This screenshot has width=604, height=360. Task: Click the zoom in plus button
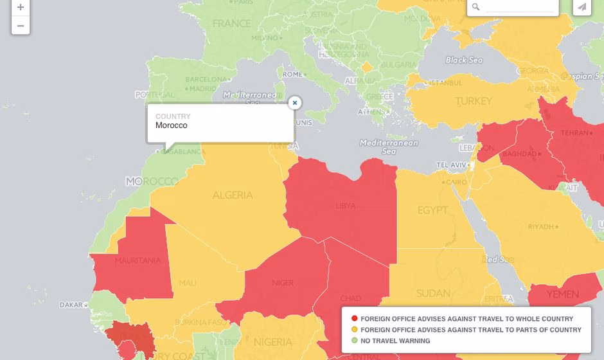pyautogui.click(x=21, y=8)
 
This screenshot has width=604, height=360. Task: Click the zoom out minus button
pyautogui.click(x=21, y=26)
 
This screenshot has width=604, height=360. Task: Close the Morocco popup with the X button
pyautogui.click(x=294, y=103)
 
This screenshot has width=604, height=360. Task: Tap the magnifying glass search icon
pyautogui.click(x=476, y=7)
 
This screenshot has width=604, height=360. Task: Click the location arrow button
pyautogui.click(x=582, y=7)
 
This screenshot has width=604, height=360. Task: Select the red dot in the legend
pyautogui.click(x=354, y=319)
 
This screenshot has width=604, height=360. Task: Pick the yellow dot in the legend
pyautogui.click(x=354, y=330)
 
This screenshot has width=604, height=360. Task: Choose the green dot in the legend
pyautogui.click(x=354, y=341)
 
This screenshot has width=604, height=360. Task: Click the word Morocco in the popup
pyautogui.click(x=172, y=125)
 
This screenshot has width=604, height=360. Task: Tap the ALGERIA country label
pyautogui.click(x=233, y=195)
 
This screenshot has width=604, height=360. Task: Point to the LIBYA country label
pyautogui.click(x=345, y=206)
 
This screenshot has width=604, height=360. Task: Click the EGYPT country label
pyautogui.click(x=432, y=210)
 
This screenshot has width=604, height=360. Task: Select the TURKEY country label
pyautogui.click(x=474, y=101)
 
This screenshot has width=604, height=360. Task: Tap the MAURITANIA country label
pyautogui.click(x=138, y=260)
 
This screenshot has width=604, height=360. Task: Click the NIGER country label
pyautogui.click(x=283, y=283)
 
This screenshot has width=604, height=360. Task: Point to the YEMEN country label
pyautogui.click(x=562, y=294)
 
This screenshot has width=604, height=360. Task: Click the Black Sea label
pyautogui.click(x=464, y=60)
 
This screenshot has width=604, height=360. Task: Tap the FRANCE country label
pyautogui.click(x=231, y=24)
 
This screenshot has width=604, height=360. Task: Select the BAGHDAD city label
pyautogui.click(x=519, y=154)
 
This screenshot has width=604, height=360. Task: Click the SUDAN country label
pyautogui.click(x=433, y=294)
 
